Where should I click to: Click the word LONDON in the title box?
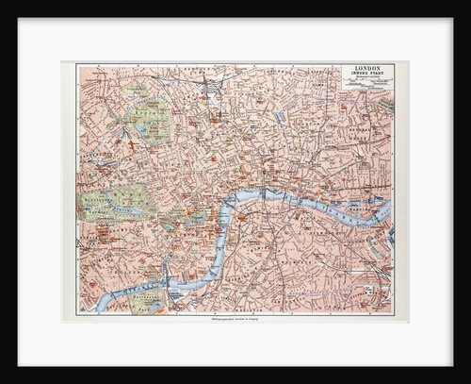pyautogui.click(x=370, y=69)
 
